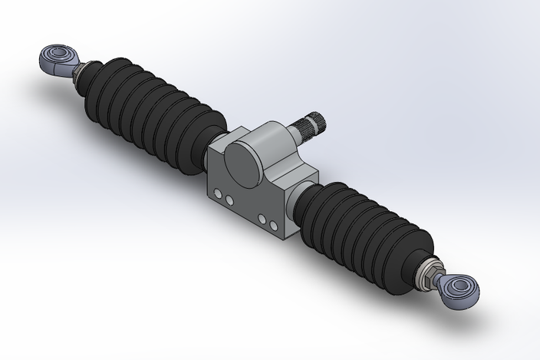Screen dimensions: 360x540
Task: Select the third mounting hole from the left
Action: tap(263, 220)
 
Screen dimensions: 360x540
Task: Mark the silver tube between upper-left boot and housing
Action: tap(218, 141)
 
